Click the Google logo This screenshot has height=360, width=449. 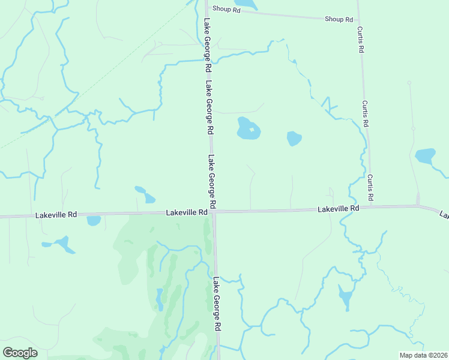click(x=20, y=353)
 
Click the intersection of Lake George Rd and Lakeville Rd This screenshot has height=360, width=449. click(x=214, y=212)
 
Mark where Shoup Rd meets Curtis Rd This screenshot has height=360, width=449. click(x=358, y=19)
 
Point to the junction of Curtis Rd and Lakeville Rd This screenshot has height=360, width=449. click(x=370, y=207)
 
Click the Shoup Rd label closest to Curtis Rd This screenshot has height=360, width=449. click(x=339, y=19)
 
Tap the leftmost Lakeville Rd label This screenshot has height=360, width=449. click(x=56, y=214)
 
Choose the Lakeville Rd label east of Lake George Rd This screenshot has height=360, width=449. click(x=338, y=209)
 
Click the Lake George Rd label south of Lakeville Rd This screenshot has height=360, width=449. click(x=217, y=302)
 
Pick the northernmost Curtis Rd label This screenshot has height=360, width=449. click(x=361, y=40)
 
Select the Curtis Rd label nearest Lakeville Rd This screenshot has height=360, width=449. click(x=370, y=187)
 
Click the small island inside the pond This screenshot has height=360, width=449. click(x=253, y=130)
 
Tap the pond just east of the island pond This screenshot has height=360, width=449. click(x=294, y=139)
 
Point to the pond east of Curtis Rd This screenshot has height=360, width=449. click(x=425, y=156)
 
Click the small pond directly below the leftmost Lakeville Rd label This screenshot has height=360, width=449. click(x=94, y=221)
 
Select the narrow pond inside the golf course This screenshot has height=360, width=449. click(x=160, y=298)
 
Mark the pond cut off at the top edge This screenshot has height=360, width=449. click(x=246, y=4)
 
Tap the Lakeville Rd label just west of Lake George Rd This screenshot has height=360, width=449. click(x=186, y=212)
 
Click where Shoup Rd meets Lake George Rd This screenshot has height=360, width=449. click(x=207, y=9)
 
